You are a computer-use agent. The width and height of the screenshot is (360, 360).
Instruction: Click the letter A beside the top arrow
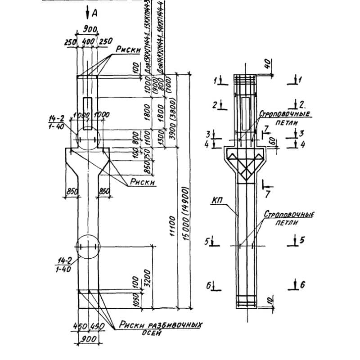(x=94, y=14)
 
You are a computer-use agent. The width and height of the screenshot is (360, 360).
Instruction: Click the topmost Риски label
(x=129, y=51)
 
